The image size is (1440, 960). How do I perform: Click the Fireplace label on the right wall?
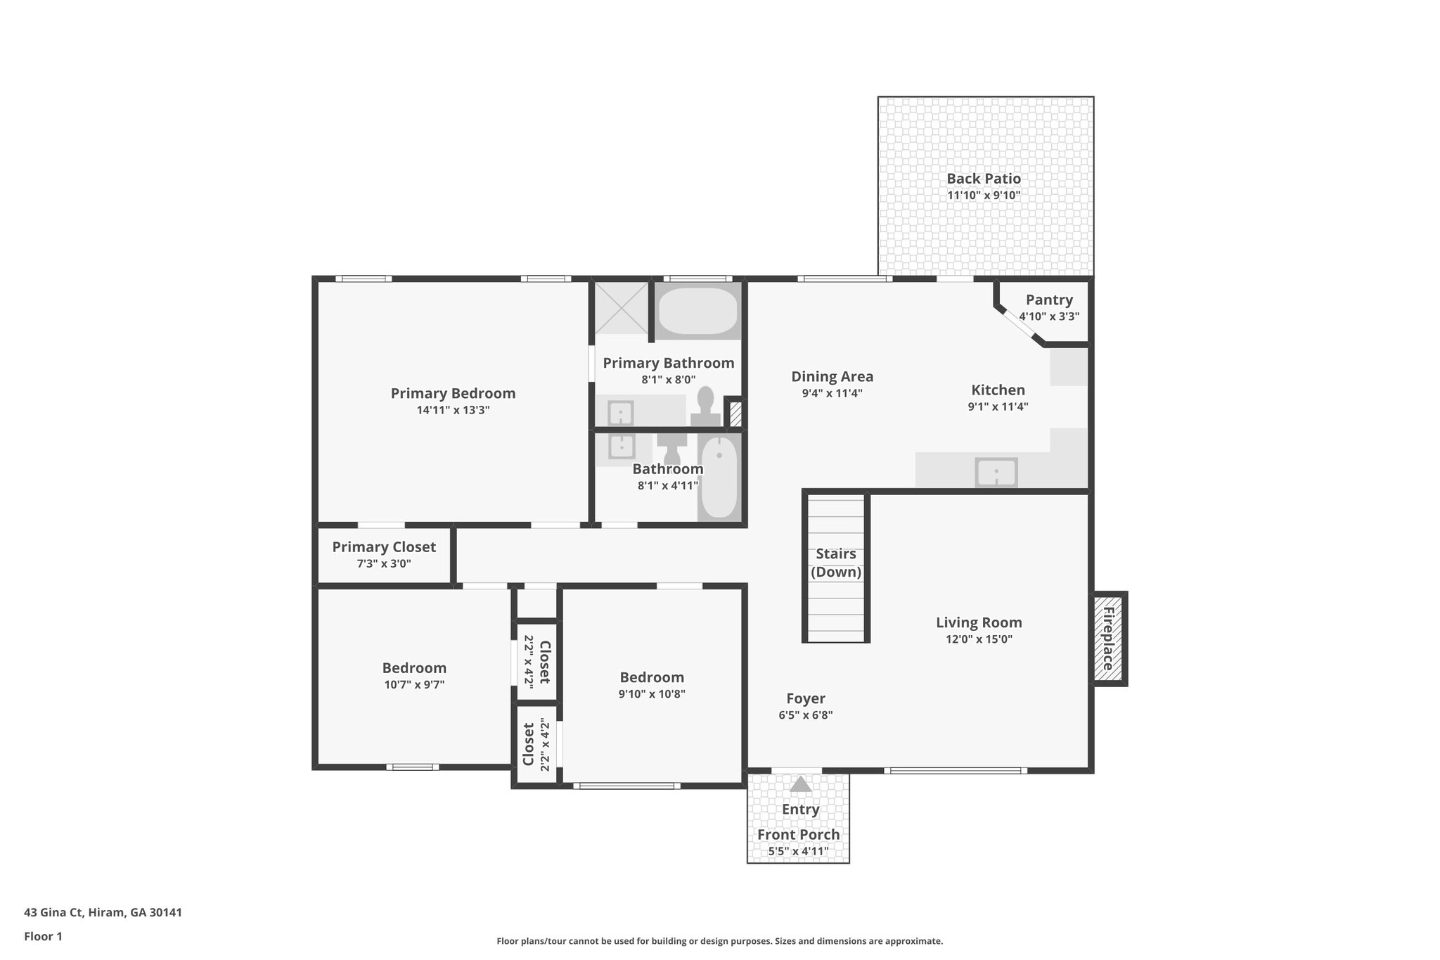(1108, 639)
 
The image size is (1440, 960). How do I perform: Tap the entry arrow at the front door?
(800, 784)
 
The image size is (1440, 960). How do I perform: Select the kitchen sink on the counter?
(996, 472)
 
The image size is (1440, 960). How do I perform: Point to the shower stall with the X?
(621, 307)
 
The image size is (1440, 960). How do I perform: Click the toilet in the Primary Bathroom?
(705, 407)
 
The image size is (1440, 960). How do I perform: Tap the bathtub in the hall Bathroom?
(719, 478)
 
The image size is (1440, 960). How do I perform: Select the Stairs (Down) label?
(836, 563)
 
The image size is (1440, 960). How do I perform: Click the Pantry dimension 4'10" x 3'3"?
(1049, 316)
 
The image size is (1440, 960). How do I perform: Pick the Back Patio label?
(983, 179)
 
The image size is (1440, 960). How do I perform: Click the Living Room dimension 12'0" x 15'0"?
(979, 639)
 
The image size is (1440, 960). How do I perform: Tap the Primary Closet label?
(384, 546)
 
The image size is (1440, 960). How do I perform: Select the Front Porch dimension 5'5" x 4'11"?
(798, 851)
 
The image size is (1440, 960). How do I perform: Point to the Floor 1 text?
(43, 936)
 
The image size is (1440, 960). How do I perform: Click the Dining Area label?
(832, 376)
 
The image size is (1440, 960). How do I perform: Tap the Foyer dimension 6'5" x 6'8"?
(805, 715)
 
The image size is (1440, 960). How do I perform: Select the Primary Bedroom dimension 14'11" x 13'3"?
(453, 410)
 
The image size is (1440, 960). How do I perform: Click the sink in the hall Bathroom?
(622, 446)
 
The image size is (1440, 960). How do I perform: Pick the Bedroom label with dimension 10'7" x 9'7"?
(414, 667)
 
